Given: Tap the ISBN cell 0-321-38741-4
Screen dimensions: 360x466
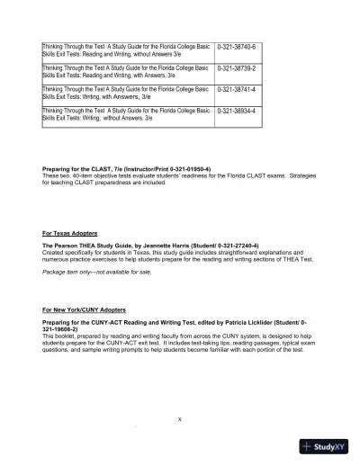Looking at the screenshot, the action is [237, 90].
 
